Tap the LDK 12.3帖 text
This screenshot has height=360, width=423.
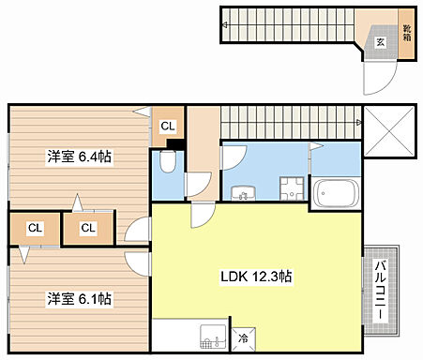[255, 277]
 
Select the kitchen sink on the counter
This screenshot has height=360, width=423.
[212, 336]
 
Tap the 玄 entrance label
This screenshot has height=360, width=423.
[381, 41]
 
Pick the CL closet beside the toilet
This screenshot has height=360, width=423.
[167, 126]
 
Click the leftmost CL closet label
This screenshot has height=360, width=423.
[34, 227]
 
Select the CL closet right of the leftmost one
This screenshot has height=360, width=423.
[86, 227]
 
